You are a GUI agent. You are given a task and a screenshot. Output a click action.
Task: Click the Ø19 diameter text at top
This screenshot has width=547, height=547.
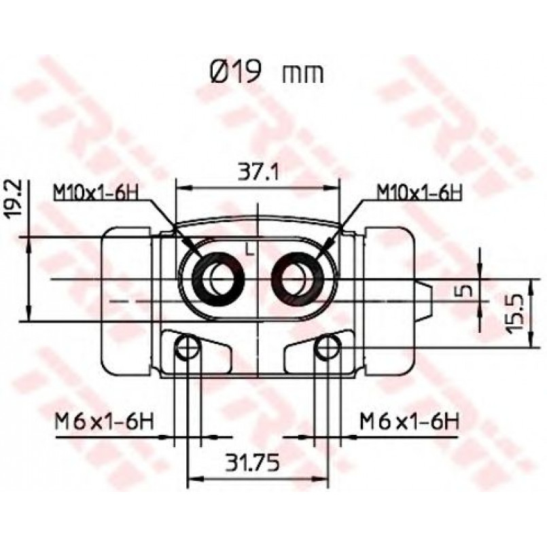click(236, 72)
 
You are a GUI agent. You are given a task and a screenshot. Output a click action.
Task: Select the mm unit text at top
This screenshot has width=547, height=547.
click(303, 75)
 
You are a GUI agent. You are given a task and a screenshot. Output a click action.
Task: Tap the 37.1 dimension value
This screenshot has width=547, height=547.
click(258, 172)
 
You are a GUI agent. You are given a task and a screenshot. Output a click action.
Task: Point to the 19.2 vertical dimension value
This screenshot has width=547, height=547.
click(15, 199)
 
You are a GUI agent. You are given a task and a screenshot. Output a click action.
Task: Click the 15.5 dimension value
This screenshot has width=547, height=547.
click(516, 314)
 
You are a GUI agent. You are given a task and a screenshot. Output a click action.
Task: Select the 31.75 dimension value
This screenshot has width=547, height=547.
click(253, 463)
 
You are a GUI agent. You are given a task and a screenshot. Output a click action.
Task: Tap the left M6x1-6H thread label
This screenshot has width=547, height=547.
click(105, 421)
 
